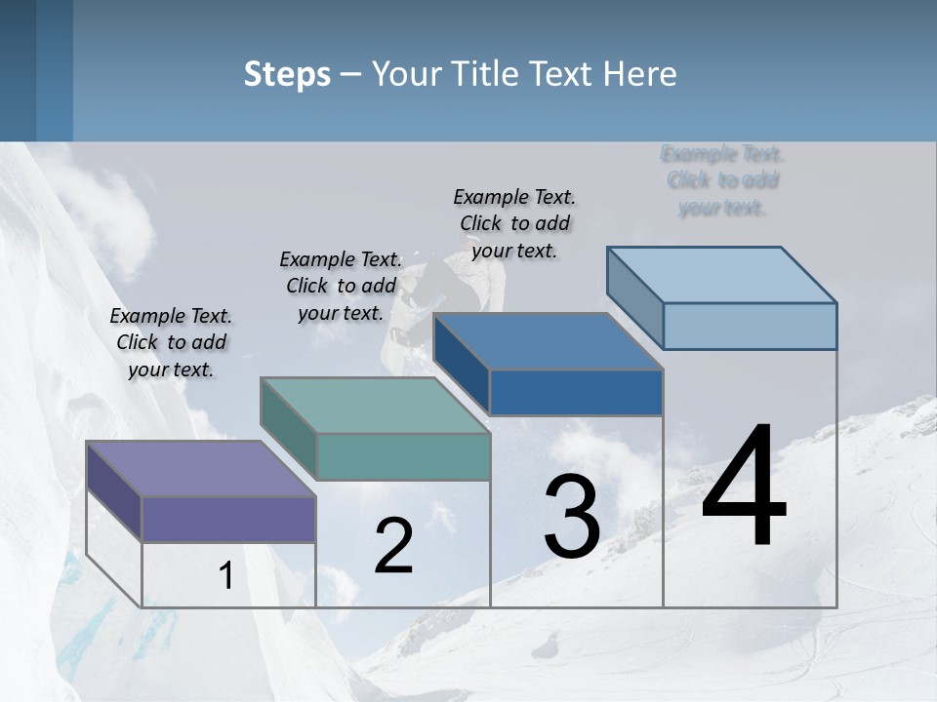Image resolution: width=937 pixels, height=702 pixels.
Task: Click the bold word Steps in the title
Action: pos(287,74)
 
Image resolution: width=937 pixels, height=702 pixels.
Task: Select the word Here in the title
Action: pos(640,74)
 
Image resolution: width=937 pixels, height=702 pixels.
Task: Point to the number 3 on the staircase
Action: pos(572,517)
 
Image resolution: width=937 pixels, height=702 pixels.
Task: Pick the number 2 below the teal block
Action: pos(393,546)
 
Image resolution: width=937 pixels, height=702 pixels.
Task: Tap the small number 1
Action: pos(225,575)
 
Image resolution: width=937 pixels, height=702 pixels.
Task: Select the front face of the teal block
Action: pos(403,456)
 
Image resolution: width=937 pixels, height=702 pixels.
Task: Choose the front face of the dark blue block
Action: pos(576,392)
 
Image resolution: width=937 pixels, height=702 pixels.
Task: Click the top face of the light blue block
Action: pos(722,274)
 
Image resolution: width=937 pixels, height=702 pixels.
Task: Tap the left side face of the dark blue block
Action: pos(462,363)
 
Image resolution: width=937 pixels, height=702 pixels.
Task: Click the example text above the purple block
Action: pos(171,342)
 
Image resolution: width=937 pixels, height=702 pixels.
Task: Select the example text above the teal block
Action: pos(341,286)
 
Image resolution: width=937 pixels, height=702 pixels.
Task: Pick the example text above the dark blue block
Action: pos(514,223)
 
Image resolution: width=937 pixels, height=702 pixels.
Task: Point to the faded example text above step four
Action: pos(722,180)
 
